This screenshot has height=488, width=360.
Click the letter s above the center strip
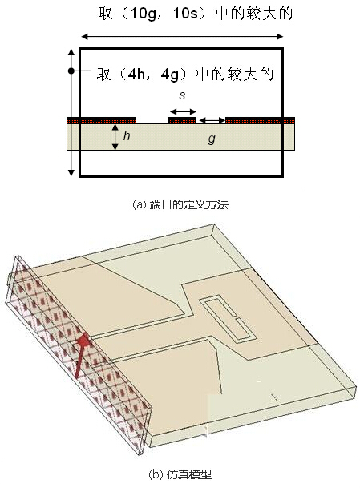pos(182,95)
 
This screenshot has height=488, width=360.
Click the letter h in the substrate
pos(127,135)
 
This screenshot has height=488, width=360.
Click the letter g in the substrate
pos(212,139)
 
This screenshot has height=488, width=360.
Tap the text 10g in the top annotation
pos(143,14)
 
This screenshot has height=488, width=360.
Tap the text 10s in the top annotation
pos(185,14)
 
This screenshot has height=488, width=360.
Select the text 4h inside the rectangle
pos(136,75)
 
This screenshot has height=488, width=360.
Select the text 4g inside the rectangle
pos(170,75)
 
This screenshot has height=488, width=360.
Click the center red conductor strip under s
pos(182,120)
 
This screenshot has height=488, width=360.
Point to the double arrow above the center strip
pos(183,111)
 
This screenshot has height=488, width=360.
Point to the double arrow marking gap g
pos(212,120)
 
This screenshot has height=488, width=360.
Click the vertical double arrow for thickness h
pos(115,137)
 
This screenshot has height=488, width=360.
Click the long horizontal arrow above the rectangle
pos(182,37)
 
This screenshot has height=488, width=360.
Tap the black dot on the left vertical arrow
pos(71,71)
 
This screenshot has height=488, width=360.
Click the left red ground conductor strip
pos(102,120)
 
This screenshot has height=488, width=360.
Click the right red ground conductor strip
pos(260,120)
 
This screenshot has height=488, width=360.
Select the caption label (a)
pos(139,205)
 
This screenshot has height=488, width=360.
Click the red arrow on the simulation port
pos(82,354)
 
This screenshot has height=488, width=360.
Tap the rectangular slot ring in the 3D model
pos(228,319)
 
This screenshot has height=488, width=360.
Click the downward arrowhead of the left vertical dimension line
pos(71,172)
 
